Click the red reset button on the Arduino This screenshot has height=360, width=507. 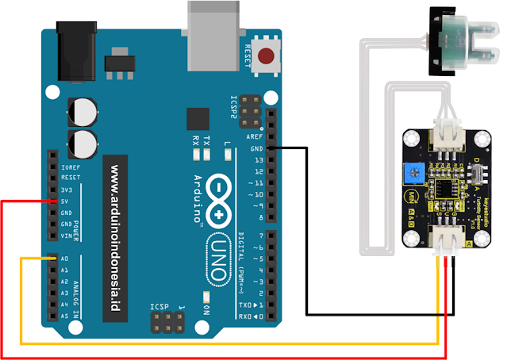267,56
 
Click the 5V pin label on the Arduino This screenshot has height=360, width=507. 66,201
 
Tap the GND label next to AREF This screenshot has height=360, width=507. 256,148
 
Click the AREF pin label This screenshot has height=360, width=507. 255,136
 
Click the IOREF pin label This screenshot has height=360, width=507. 69,167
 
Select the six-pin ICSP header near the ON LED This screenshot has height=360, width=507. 165,321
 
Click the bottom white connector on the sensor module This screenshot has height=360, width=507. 444,240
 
